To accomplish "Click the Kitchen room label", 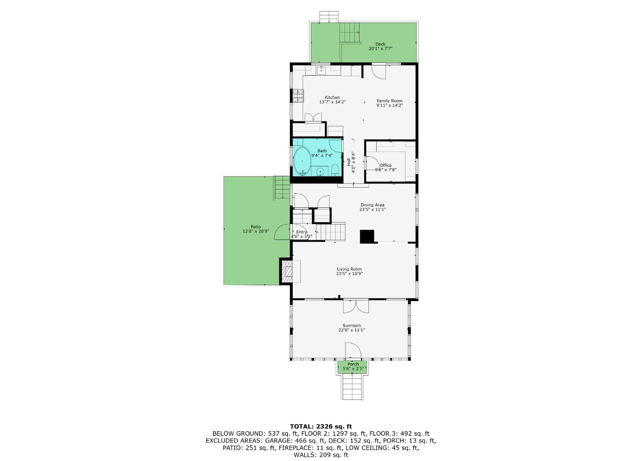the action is (x=332, y=98).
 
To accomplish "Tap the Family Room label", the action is (x=389, y=101).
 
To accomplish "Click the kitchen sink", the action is (x=322, y=70).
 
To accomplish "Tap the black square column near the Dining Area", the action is (x=367, y=236).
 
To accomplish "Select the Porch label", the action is (x=353, y=364).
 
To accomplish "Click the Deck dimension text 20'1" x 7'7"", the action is (x=380, y=49).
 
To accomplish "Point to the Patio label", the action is (x=256, y=227).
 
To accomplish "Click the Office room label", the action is (x=386, y=165).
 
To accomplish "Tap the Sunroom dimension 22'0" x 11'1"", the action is (x=352, y=330).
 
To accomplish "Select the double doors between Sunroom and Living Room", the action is (x=356, y=306).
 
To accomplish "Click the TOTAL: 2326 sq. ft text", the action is (x=321, y=427).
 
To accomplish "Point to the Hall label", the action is (x=349, y=162).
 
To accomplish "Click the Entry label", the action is (x=301, y=232).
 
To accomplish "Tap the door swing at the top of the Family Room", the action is (x=379, y=72).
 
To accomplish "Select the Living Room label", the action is (x=349, y=269).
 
